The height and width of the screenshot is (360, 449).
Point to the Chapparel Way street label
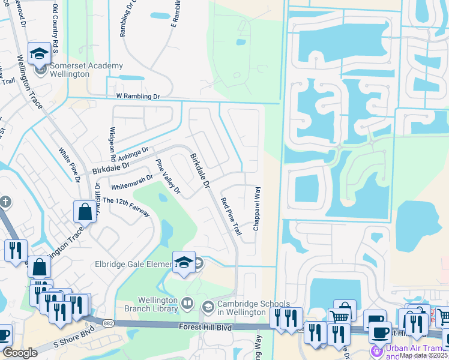point(257,209)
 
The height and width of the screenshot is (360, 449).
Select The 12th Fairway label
point(126,206)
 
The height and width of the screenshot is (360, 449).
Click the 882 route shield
point(107,323)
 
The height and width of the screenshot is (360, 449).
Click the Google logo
point(20,353)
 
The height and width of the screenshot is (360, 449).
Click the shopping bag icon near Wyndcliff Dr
point(85,211)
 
